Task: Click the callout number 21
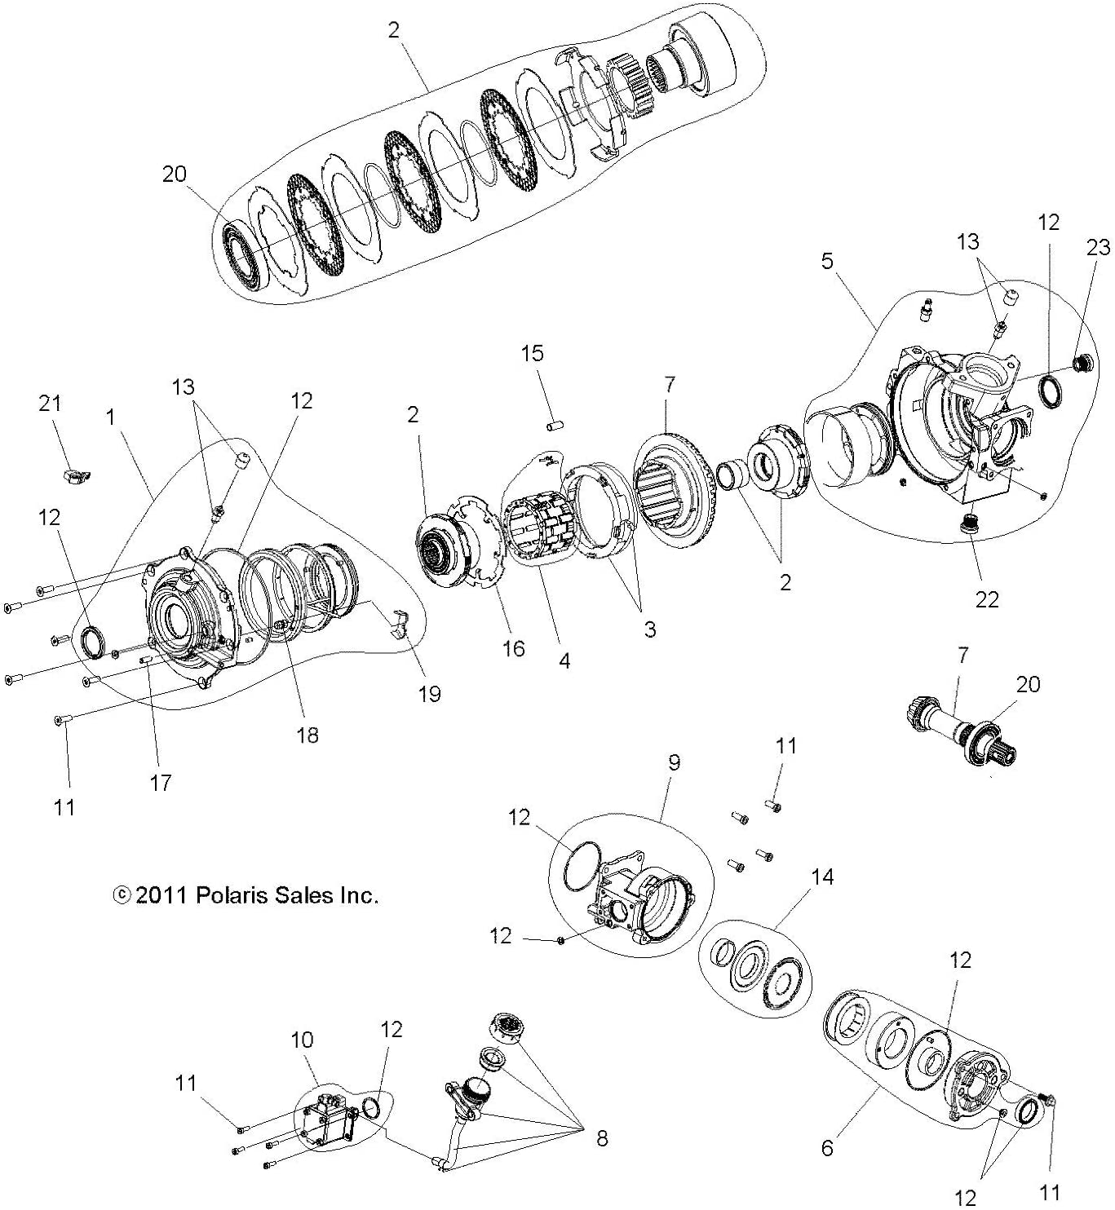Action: pos(51,404)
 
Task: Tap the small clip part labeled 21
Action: pos(77,472)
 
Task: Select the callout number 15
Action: pos(532,354)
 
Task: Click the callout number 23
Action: pos(1098,247)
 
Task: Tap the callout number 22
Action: pos(986,599)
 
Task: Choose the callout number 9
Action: pos(674,762)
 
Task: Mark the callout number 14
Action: pos(822,878)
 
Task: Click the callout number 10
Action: pos(302,1040)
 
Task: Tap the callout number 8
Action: pos(602,1138)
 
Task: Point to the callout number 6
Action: pos(827,1148)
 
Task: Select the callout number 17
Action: pos(161,783)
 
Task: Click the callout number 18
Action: pos(308,735)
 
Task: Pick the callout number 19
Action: pos(429,693)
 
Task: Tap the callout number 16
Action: pos(513,649)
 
